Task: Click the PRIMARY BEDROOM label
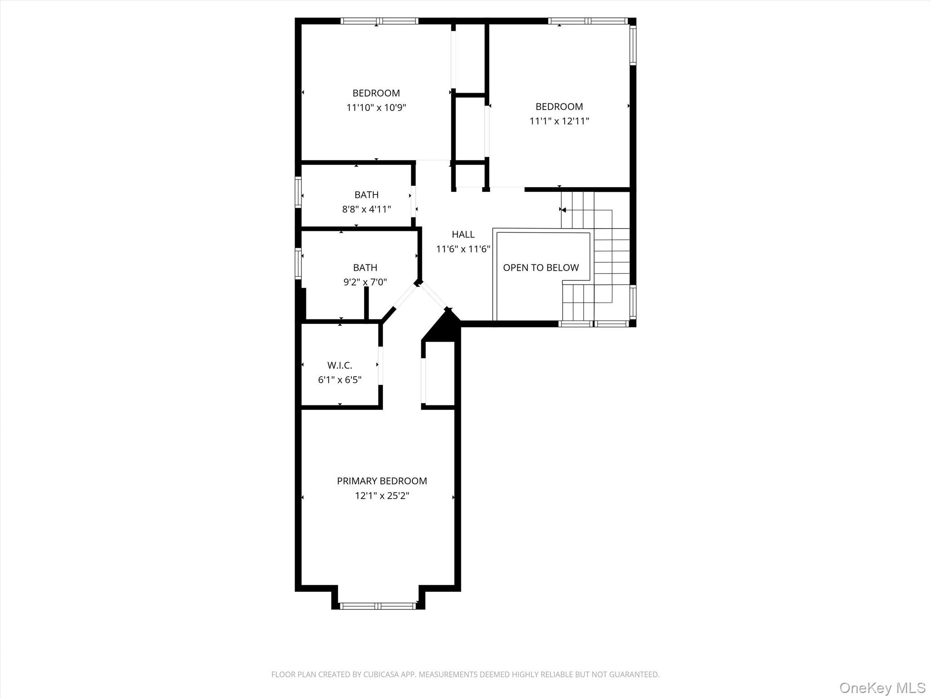[x=382, y=481]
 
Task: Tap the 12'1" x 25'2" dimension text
[x=382, y=495]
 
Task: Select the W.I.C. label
[x=340, y=365]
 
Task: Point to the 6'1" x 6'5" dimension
[x=340, y=379]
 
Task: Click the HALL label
[x=463, y=234]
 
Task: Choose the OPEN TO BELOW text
[x=541, y=268]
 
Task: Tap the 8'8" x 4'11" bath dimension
[x=366, y=209]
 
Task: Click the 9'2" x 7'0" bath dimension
[x=365, y=282]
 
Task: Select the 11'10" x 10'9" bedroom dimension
[x=376, y=108]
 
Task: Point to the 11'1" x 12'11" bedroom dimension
[x=559, y=121]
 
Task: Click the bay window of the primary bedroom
[x=378, y=606]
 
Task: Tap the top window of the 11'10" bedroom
[x=379, y=21]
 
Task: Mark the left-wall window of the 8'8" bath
[x=298, y=192]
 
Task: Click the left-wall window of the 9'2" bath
[x=298, y=263]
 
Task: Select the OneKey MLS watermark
[x=882, y=688]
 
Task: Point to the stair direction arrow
[x=562, y=210]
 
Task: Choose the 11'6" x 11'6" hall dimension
[x=463, y=249]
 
